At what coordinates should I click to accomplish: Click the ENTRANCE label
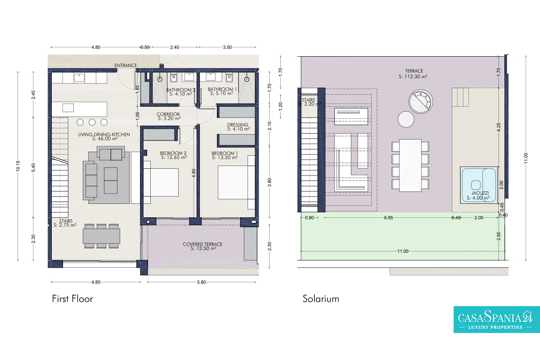click(x=126, y=65)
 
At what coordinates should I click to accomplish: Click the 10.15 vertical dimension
click(x=18, y=166)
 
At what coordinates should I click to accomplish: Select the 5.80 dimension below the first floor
click(x=202, y=282)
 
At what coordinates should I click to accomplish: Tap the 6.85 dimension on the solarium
click(x=389, y=218)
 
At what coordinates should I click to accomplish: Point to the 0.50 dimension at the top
click(x=145, y=47)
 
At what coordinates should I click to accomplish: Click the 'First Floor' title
click(x=72, y=299)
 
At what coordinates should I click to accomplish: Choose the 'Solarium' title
click(x=321, y=299)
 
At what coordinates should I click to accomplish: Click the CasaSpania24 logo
click(x=497, y=319)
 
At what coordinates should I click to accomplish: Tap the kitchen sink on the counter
click(x=79, y=78)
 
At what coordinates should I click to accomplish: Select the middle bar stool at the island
click(x=92, y=122)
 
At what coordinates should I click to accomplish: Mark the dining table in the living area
click(x=102, y=236)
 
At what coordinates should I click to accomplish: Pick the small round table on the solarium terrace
click(x=406, y=119)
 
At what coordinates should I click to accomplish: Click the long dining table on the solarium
click(x=410, y=166)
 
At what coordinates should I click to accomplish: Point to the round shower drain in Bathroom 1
click(x=247, y=79)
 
